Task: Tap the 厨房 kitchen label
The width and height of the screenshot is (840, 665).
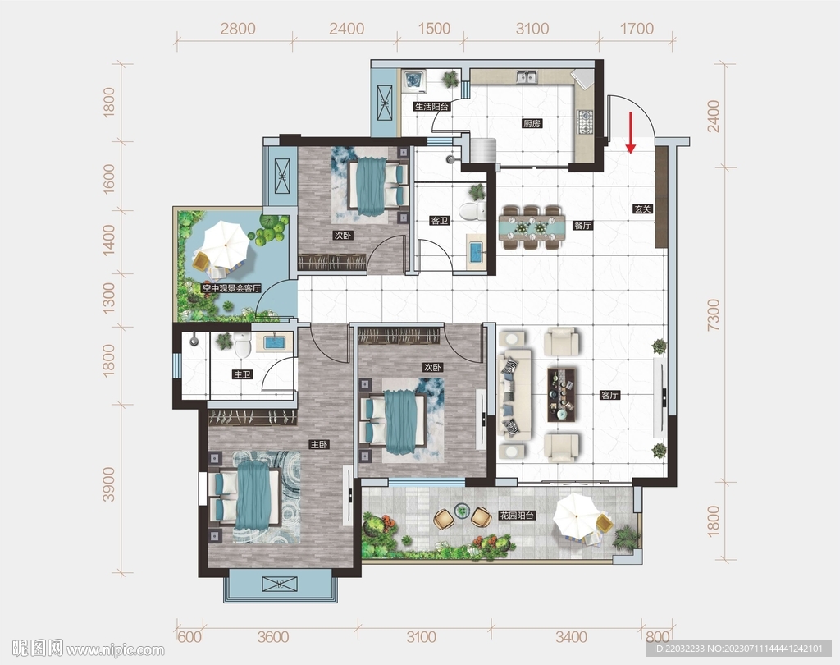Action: coord(532,123)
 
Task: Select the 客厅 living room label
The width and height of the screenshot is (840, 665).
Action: coord(609,395)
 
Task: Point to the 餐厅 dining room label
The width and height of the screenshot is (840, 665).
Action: coord(583,225)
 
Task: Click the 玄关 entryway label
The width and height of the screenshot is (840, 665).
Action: coord(642,209)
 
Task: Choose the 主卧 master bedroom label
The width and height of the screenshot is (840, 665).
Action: coord(319,445)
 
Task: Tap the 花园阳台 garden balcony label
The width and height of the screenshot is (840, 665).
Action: coord(518,516)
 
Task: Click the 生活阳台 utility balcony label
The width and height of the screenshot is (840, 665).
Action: coord(431,107)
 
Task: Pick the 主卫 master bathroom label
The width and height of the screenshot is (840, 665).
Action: coord(242,374)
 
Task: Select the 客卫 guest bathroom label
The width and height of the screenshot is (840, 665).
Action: coord(440,220)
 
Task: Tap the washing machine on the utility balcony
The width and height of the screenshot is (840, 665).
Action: coord(413,80)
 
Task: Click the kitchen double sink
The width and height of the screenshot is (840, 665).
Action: coord(526,77)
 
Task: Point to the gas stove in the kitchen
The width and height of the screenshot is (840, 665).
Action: coord(584,122)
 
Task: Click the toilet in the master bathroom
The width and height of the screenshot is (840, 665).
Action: coord(243,344)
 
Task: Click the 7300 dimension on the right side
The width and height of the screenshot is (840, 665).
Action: coord(714,314)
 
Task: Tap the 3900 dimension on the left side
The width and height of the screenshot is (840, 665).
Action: coord(109,484)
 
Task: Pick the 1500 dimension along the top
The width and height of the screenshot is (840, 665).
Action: coord(434,29)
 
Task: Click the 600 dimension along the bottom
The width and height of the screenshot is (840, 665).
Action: coord(189,637)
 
